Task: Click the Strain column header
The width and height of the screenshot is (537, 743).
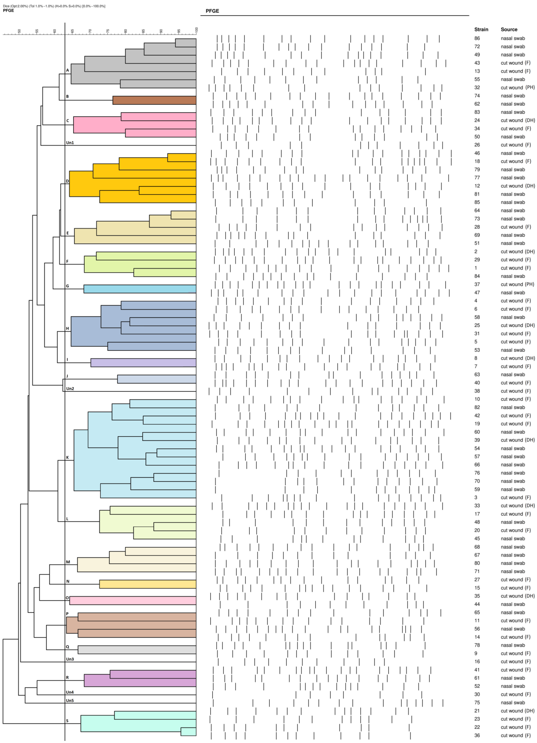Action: coord(481,29)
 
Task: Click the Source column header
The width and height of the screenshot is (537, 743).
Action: coord(509,29)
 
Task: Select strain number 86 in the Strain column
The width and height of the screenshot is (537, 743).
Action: coord(477,38)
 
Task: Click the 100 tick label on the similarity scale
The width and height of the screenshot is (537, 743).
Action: coord(197,30)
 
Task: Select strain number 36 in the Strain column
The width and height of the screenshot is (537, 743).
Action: coord(477,735)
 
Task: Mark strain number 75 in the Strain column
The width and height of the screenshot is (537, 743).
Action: coord(477,702)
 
